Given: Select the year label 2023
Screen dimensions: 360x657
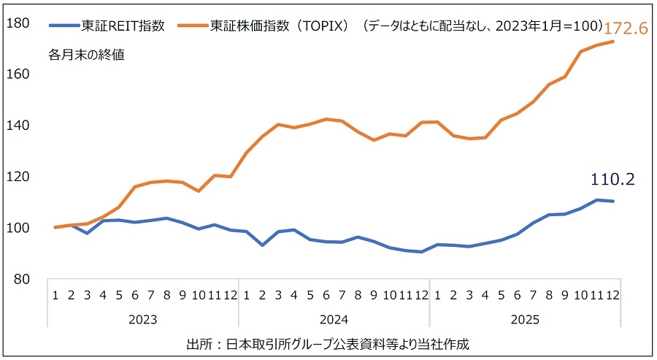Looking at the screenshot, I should (x=142, y=319).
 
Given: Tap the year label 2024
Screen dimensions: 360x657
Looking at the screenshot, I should (x=334, y=319).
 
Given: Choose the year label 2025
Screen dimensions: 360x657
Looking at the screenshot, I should (x=525, y=319).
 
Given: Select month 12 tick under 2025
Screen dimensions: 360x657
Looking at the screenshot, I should (x=612, y=296).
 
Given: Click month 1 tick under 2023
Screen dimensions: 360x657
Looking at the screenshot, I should (x=55, y=296).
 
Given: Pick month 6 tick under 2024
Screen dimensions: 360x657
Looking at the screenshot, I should (x=326, y=296).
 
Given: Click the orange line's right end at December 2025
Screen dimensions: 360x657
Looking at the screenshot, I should (x=612, y=42).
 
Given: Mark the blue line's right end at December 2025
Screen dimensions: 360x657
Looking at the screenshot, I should (x=612, y=202).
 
